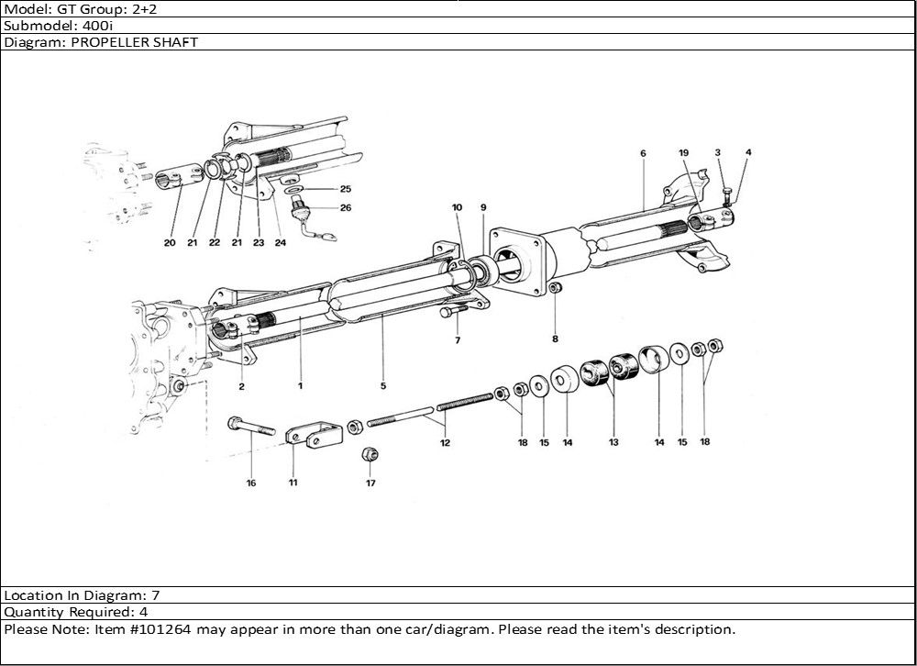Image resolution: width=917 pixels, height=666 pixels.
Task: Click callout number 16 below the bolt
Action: pyautogui.click(x=250, y=483)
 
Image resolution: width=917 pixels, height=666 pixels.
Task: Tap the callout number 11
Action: pyautogui.click(x=293, y=482)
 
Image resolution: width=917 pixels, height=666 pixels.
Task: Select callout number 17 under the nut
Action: pyautogui.click(x=370, y=482)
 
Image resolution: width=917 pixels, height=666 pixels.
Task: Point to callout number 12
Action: pyautogui.click(x=445, y=443)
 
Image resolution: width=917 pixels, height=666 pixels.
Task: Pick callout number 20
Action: pyautogui.click(x=170, y=243)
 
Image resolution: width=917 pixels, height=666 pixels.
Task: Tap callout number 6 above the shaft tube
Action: pyautogui.click(x=644, y=152)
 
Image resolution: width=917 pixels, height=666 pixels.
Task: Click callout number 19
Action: pyautogui.click(x=683, y=152)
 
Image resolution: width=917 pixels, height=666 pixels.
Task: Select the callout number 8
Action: pyautogui.click(x=555, y=339)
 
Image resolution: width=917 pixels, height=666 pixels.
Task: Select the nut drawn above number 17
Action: pyautogui.click(x=370, y=453)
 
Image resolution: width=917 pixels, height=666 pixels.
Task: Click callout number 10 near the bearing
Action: pyautogui.click(x=457, y=207)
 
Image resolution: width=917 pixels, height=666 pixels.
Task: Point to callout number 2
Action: pyautogui.click(x=241, y=386)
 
